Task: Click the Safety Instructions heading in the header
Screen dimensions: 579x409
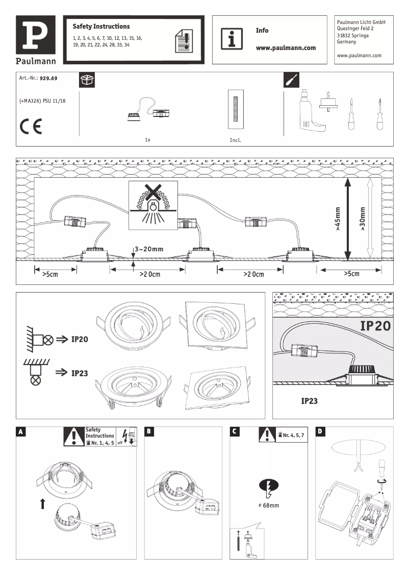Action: (x=101, y=26)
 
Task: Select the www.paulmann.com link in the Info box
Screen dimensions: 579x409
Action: (x=286, y=48)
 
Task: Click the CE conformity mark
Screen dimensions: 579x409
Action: (x=31, y=126)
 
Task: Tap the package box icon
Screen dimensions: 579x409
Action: (x=87, y=80)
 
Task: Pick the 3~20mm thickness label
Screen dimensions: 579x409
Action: (x=149, y=249)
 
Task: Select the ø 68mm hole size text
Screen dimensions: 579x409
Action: (x=269, y=505)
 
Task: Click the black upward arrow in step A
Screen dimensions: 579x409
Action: (x=42, y=504)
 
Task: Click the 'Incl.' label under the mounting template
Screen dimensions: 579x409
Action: (x=236, y=139)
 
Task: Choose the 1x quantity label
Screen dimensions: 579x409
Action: (x=147, y=139)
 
